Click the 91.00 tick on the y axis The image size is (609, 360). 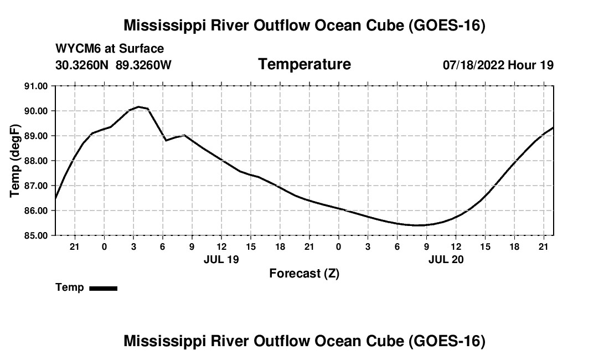coord(36,86)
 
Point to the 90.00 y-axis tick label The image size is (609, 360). coord(36,111)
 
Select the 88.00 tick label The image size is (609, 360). coord(36,161)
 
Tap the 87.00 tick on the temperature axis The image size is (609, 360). coord(36,186)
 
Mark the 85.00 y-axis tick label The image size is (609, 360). coord(36,235)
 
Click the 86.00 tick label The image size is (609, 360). coord(36,210)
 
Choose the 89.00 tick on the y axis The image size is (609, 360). coord(36,136)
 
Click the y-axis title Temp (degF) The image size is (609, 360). coord(15,161)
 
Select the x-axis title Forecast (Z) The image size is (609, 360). coord(304,274)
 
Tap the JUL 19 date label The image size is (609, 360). coord(221,259)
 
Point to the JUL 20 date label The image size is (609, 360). coord(446,259)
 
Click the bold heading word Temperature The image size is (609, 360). coord(304,64)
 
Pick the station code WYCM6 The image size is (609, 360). coord(78,49)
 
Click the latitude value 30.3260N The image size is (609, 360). coord(82,65)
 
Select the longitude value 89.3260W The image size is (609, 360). coord(143,65)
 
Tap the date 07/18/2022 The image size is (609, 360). coord(473,65)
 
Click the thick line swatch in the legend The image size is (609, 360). coord(104,288)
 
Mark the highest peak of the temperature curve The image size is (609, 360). coord(138,106)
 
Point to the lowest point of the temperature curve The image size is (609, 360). coord(417,225)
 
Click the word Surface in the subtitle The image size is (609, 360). coord(141,49)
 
